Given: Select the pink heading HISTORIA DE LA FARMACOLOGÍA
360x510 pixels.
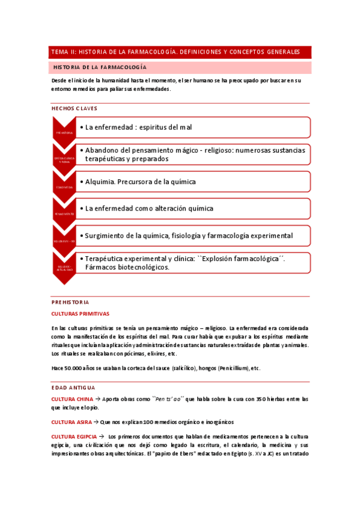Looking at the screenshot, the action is [x=100, y=67].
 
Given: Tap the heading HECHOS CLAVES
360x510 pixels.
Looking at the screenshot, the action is [x=75, y=108].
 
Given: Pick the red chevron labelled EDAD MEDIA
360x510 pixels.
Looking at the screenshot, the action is [x=64, y=186].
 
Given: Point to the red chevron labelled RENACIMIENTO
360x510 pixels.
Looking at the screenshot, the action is [x=64, y=214].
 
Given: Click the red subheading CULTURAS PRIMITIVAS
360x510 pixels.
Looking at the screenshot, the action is [x=81, y=314].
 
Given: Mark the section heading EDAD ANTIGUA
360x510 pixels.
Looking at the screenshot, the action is [x=73, y=388].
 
